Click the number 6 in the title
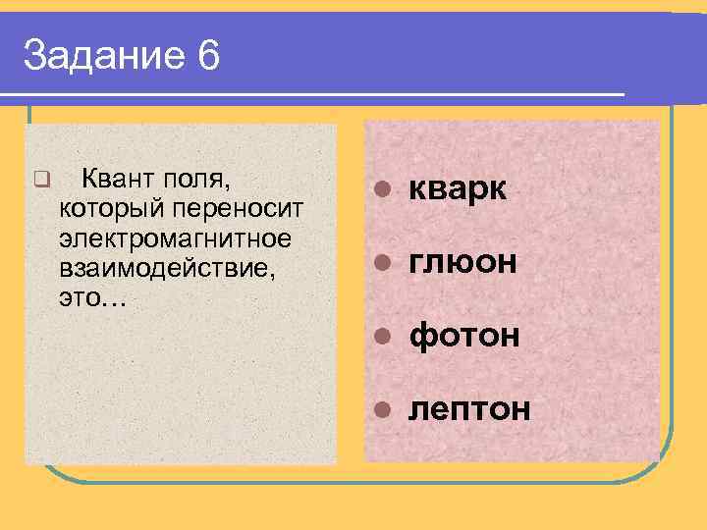click(207, 57)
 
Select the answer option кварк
click(458, 189)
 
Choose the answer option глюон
click(462, 262)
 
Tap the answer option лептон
click(469, 407)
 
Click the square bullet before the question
click(40, 180)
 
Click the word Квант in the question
click(116, 179)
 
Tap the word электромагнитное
click(175, 238)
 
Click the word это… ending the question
click(92, 297)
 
